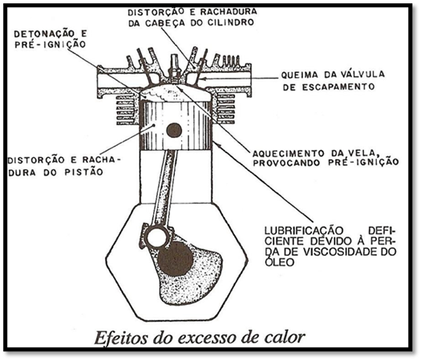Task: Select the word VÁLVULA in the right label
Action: coord(363,74)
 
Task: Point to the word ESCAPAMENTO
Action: coord(338,87)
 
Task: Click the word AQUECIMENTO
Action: coord(289,154)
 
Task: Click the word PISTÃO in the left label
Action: coord(84,172)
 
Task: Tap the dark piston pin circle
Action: coord(174,131)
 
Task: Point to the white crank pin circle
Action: coord(157,237)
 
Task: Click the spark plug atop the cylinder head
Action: coord(175,70)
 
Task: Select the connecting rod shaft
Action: coord(164,187)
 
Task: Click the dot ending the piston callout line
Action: coord(154,125)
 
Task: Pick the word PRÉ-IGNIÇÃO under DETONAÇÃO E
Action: coord(51,44)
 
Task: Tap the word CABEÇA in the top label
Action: coord(164,23)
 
